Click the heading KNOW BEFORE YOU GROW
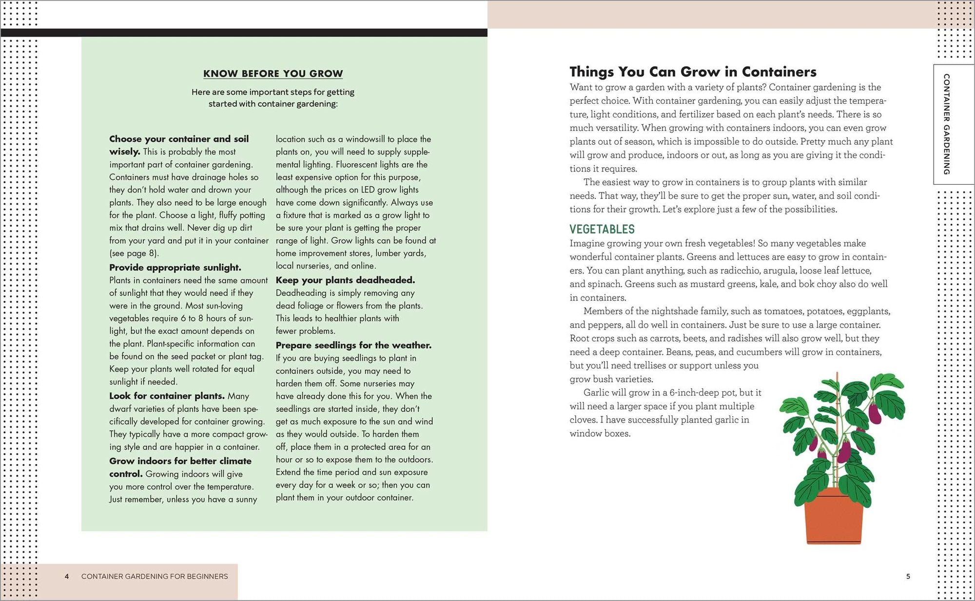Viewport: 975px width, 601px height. pyautogui.click(x=273, y=74)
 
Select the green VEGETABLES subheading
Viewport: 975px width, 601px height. pyautogui.click(x=602, y=229)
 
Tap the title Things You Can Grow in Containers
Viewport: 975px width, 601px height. pyautogui.click(x=693, y=72)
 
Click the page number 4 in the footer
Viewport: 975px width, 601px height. pyautogui.click(x=67, y=576)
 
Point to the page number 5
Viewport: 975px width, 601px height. pyautogui.click(x=908, y=576)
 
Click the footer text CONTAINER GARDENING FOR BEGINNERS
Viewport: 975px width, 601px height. pyautogui.click(x=155, y=576)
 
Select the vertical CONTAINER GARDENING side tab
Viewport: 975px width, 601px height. pyautogui.click(x=946, y=124)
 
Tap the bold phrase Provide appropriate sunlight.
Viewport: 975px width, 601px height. pyautogui.click(x=175, y=268)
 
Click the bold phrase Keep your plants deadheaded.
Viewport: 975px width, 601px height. pyautogui.click(x=345, y=280)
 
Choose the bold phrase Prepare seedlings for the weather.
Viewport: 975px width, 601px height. pyautogui.click(x=353, y=345)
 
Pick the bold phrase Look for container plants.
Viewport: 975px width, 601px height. pyautogui.click(x=167, y=396)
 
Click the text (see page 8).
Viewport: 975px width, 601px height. pyautogui.click(x=134, y=253)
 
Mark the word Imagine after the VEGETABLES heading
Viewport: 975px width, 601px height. pyautogui.click(x=588, y=243)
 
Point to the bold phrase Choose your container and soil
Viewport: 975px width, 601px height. pyautogui.click(x=179, y=139)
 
